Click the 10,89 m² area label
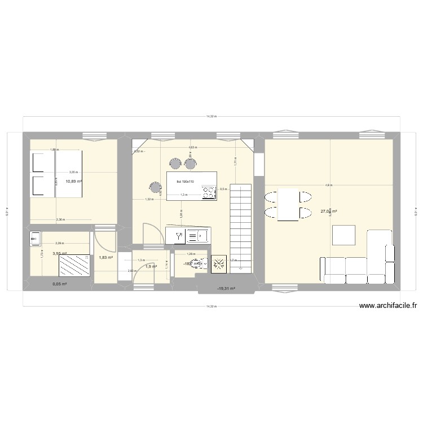[73, 182]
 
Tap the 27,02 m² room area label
[328, 212]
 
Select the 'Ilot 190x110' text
[185, 182]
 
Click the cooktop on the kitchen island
[209, 193]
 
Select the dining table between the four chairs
[288, 205]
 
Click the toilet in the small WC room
[196, 263]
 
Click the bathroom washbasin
[36, 240]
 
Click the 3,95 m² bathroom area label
[60, 254]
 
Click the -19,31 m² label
[226, 288]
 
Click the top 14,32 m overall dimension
[211, 117]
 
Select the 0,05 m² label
[60, 284]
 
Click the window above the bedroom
[95, 135]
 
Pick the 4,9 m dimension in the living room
[328, 186]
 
